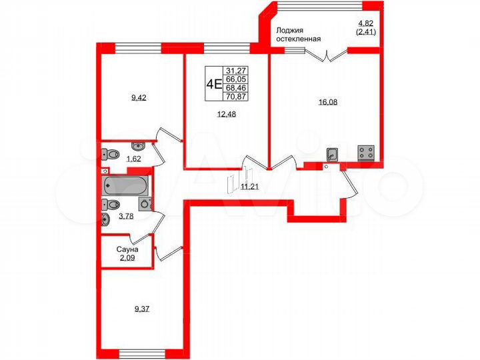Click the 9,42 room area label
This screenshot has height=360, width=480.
[x=139, y=97]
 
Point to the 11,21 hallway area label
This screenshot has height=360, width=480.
[x=249, y=187]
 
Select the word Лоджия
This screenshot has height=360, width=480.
[x=291, y=29]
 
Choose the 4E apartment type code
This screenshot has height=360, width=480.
[x=213, y=83]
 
